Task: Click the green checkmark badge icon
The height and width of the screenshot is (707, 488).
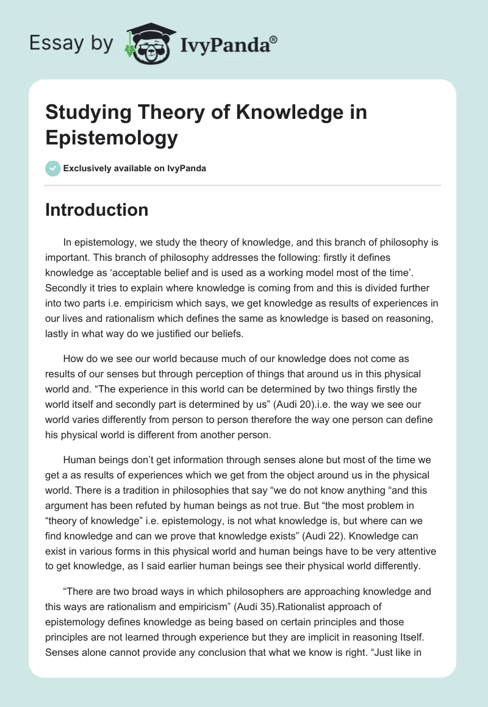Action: pos(52,168)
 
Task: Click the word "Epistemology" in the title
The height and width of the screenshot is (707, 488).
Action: pos(112,137)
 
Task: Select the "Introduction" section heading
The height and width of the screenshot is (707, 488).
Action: pos(97,210)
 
